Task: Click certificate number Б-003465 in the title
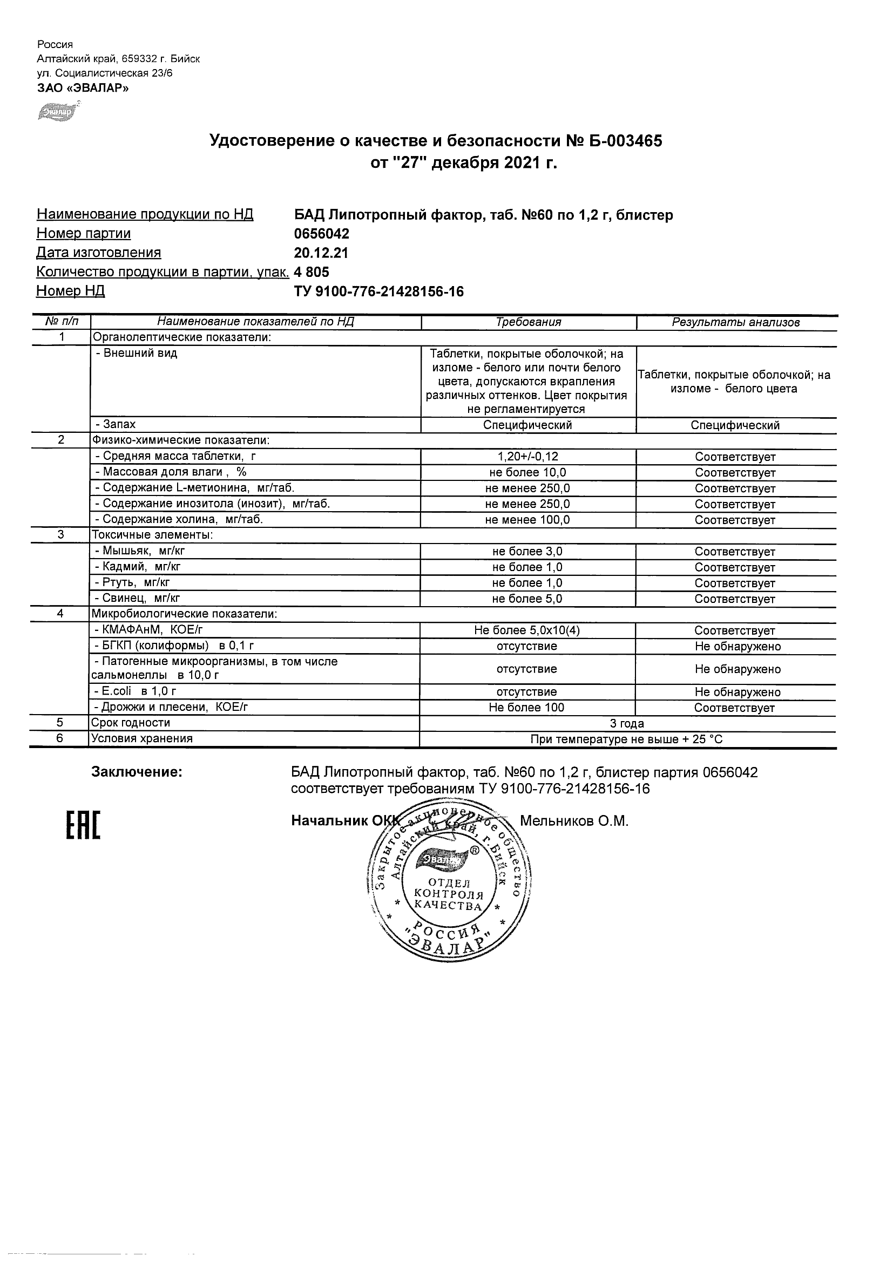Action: point(620,141)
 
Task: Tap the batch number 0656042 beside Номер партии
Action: point(322,234)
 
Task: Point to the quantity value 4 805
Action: point(312,271)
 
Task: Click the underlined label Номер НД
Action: point(70,291)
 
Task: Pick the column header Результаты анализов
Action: point(736,323)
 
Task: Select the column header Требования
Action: point(528,323)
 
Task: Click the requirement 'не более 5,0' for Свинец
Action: point(527,599)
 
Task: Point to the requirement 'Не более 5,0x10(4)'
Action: point(526,631)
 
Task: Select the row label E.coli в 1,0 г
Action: point(136,691)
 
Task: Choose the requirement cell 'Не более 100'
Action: point(526,708)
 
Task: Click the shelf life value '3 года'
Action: point(627,724)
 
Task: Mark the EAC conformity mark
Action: point(83,826)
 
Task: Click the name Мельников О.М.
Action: point(574,821)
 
